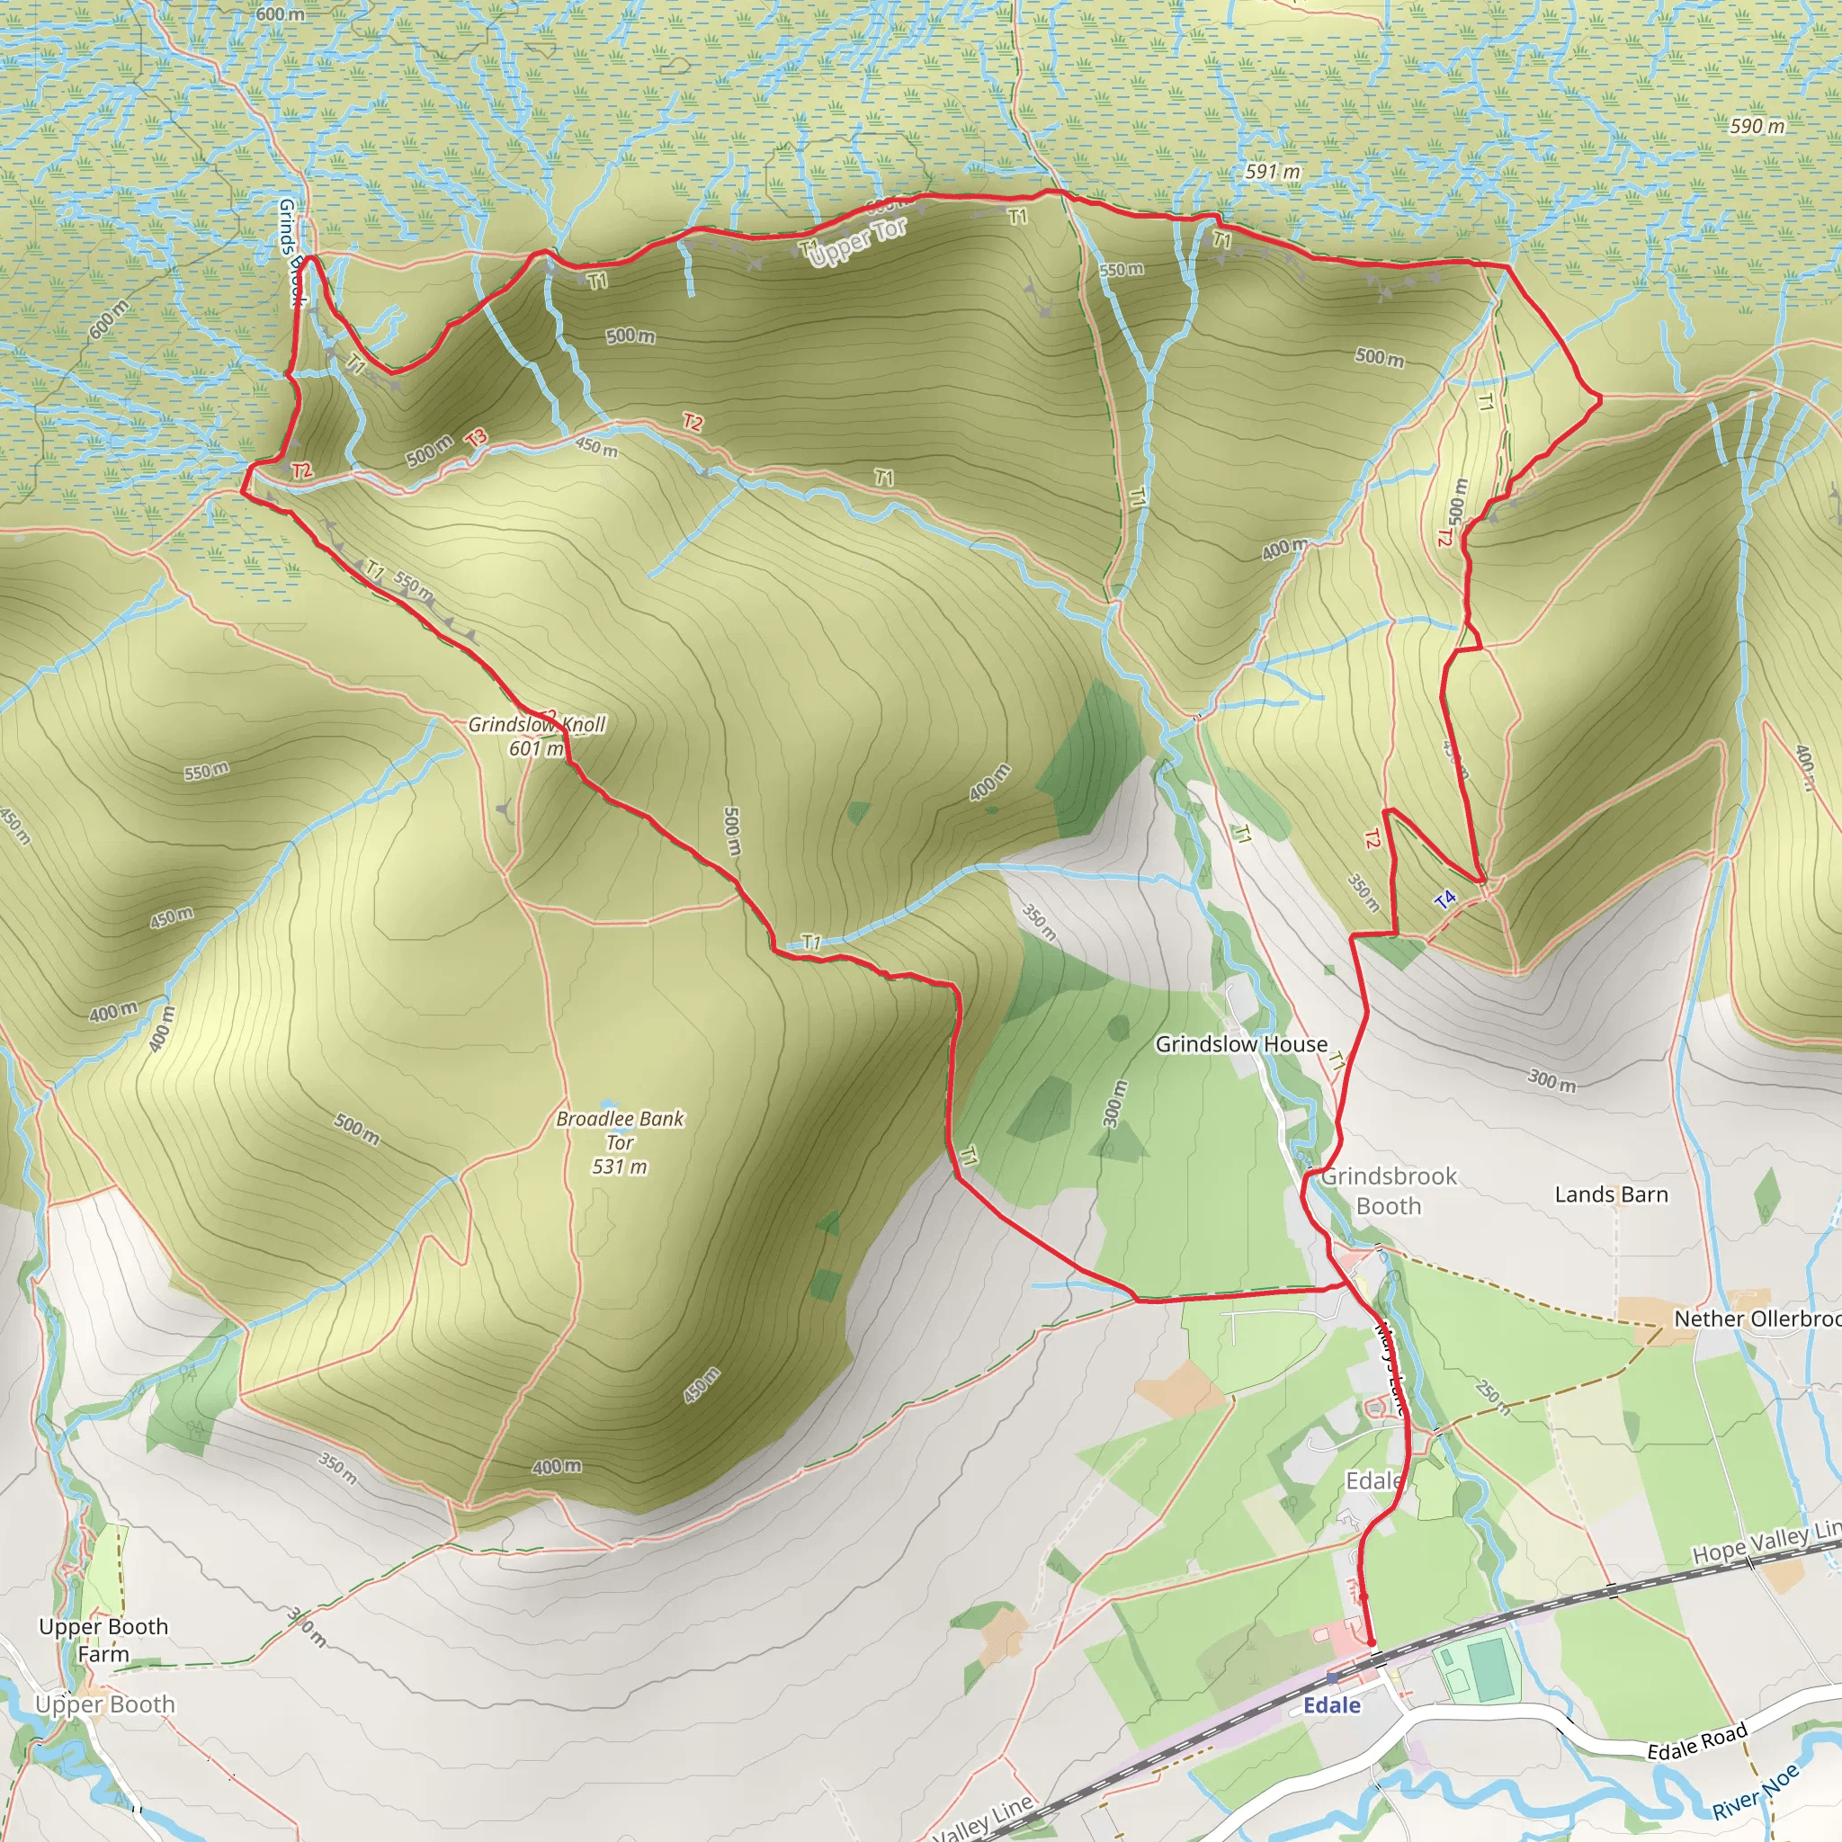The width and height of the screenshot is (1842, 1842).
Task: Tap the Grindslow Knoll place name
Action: point(537,725)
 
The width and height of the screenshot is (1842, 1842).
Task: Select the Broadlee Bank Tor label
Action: point(620,1130)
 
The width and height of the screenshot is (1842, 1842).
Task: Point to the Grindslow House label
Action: point(1240,1044)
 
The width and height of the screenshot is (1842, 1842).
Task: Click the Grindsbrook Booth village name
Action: point(1388,1191)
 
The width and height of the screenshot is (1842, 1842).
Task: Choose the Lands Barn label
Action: point(1611,1194)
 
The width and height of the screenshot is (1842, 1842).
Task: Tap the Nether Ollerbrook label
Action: point(1757,1319)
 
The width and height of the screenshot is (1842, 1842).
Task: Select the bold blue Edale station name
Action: point(1331,1704)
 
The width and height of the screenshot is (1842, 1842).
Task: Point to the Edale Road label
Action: point(1697,1741)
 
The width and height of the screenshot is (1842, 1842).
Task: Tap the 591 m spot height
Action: point(1273,172)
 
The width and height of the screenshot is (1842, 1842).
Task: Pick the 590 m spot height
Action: point(1757,126)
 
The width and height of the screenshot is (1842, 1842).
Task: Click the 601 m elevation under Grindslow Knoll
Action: point(536,748)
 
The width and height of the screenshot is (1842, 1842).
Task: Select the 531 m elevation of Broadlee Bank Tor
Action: point(620,1166)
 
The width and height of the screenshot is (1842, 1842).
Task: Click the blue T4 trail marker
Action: point(1444,899)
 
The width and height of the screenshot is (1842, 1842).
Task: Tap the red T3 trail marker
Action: point(476,438)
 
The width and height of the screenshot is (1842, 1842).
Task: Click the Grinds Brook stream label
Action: point(291,253)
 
